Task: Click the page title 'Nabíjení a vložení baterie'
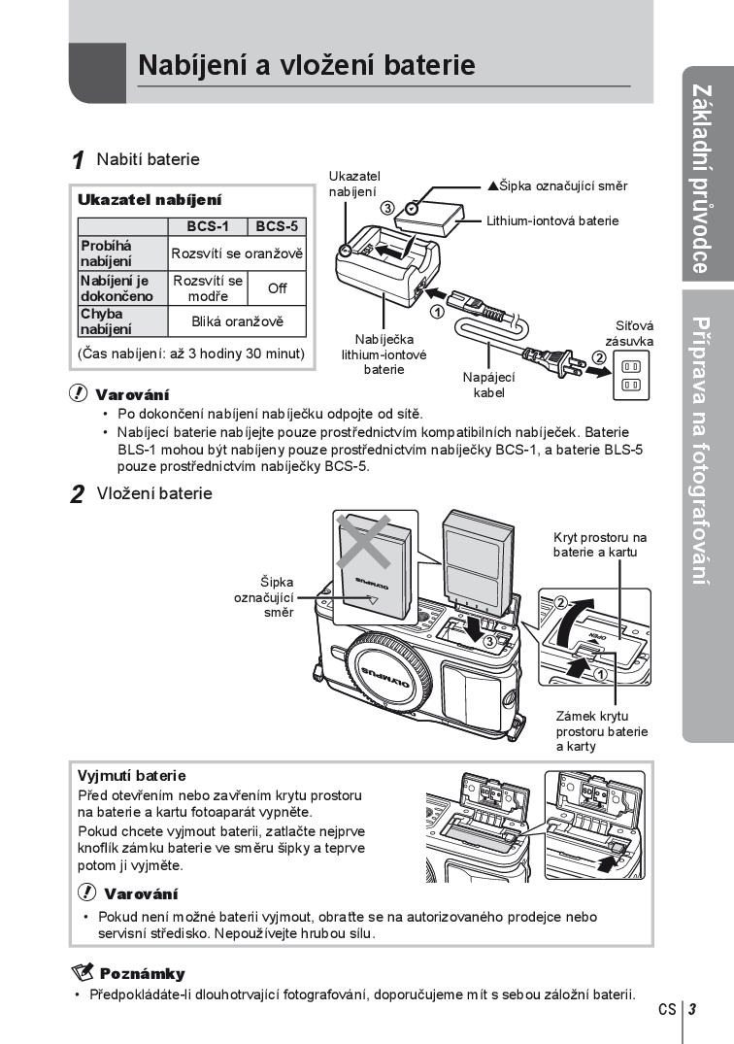tap(307, 65)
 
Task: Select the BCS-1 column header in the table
tap(208, 226)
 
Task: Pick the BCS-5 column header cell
tap(278, 226)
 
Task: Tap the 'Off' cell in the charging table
tap(278, 288)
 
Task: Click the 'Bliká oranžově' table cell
tap(238, 320)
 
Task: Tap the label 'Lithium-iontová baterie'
tap(552, 220)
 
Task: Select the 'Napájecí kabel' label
tap(489, 385)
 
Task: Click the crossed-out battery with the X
tap(373, 558)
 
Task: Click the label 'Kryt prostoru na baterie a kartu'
tap(599, 544)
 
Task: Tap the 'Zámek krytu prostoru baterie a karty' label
tap(601, 730)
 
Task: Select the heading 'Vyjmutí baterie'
tap(131, 776)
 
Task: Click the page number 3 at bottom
tap(692, 1009)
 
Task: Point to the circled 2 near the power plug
tap(600, 356)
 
